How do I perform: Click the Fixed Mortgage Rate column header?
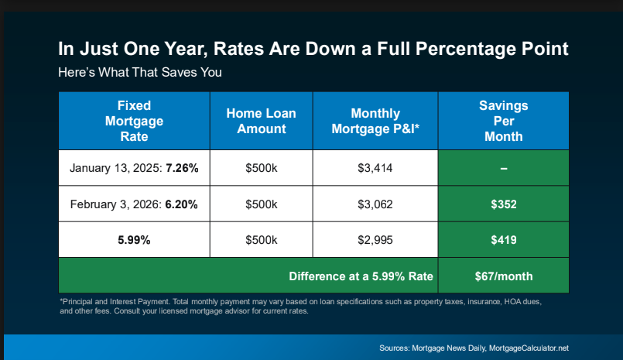(x=135, y=121)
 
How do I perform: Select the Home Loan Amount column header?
(x=261, y=121)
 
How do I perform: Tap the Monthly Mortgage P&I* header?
(x=375, y=121)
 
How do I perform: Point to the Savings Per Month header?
(x=503, y=121)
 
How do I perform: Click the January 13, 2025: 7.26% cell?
(x=134, y=168)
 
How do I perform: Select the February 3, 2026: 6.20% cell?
(x=134, y=204)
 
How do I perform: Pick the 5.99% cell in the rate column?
(x=134, y=240)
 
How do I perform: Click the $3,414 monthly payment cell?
(x=375, y=168)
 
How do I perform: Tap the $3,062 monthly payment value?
(x=375, y=204)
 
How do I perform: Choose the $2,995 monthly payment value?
(x=375, y=240)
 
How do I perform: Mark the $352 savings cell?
(x=503, y=204)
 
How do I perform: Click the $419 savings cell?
(x=503, y=240)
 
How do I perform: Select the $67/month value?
(x=503, y=276)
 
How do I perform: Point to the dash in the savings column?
(x=503, y=169)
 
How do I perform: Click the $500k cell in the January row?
(x=261, y=168)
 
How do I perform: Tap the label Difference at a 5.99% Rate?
(x=361, y=276)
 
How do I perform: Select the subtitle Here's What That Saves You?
(x=140, y=72)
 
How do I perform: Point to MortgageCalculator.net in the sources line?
(x=529, y=348)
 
